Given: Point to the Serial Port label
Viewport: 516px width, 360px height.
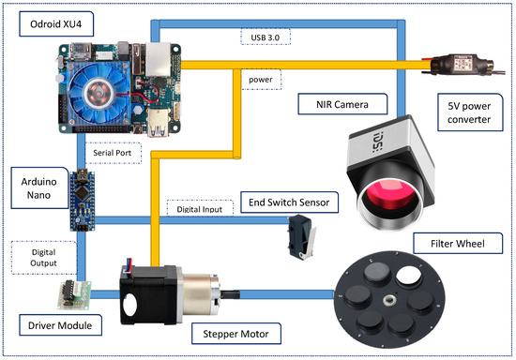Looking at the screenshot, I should [113, 150].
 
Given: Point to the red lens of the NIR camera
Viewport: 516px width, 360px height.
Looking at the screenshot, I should [387, 197].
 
